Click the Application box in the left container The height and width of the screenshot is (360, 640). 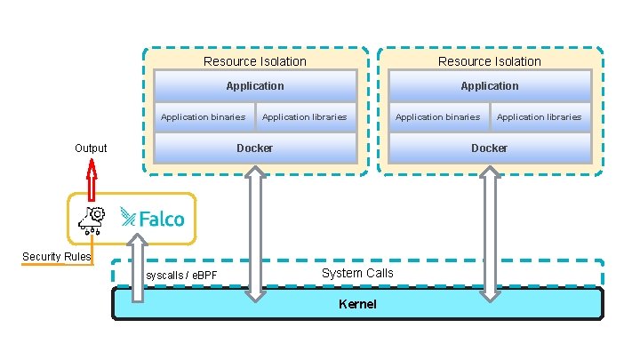(x=255, y=86)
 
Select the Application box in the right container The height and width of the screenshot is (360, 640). (x=490, y=86)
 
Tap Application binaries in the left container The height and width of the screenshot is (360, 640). (x=204, y=117)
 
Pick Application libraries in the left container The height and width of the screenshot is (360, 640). (x=306, y=117)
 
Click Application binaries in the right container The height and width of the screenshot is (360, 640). (x=438, y=117)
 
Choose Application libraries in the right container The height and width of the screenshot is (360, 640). (x=540, y=117)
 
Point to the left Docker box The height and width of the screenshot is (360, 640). (x=255, y=148)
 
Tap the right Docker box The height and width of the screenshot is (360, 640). (x=490, y=148)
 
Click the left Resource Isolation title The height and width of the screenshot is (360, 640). (x=255, y=61)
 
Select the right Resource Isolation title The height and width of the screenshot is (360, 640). (x=490, y=61)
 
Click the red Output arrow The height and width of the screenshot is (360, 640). (x=92, y=180)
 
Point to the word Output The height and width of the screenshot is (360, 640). (x=91, y=148)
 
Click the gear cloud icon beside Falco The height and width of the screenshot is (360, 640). (x=92, y=220)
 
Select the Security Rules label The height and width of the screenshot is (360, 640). (x=56, y=257)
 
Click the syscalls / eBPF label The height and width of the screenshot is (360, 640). (x=181, y=276)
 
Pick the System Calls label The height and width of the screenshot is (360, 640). (x=357, y=274)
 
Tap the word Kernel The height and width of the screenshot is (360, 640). (x=357, y=304)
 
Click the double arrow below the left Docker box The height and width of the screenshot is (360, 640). (x=255, y=234)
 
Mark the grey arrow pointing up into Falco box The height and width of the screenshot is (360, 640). (x=138, y=268)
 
